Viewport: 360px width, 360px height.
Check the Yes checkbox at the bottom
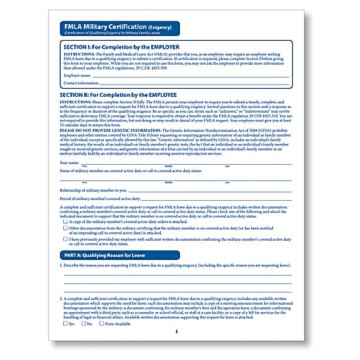66,324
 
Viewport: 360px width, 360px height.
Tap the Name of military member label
96,171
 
